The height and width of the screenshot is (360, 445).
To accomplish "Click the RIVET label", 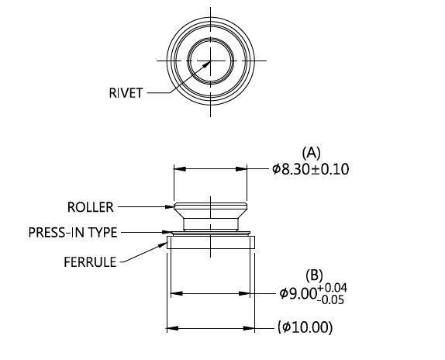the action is click(126, 93).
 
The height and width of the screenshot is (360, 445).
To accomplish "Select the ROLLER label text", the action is click(90, 207).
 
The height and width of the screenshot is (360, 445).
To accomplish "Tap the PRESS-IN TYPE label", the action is click(73, 233).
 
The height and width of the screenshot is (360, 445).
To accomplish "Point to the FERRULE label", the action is click(90, 262).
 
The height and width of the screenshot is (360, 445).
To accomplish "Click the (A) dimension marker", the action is click(312, 153).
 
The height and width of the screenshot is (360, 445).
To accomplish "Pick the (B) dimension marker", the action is click(315, 275).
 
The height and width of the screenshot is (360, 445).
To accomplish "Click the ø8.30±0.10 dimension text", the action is click(310, 169).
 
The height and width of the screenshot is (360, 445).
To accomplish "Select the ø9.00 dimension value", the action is click(298, 293).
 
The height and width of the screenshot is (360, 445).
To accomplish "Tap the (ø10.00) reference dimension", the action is click(305, 327).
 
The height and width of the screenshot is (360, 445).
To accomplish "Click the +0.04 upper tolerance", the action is click(333, 288).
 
